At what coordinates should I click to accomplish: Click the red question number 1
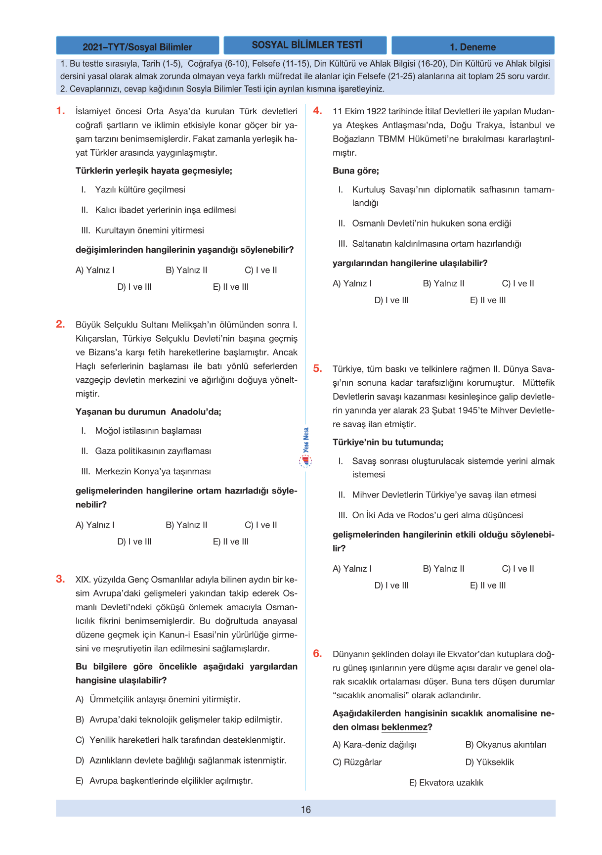click(x=60, y=111)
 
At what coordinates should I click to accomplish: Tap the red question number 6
click(x=317, y=654)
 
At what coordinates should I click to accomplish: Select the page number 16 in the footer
click(x=306, y=810)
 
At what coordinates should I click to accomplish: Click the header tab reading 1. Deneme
click(x=473, y=46)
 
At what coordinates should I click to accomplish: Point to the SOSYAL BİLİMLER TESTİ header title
click(x=306, y=45)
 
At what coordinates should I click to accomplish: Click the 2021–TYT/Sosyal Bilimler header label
click(x=137, y=46)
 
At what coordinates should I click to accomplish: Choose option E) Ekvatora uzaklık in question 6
click(x=446, y=783)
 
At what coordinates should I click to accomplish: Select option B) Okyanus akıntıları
click(x=506, y=745)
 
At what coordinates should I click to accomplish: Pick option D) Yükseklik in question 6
click(x=489, y=762)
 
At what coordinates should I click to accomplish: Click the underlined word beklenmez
click(x=404, y=727)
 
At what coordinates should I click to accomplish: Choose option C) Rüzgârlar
click(x=357, y=762)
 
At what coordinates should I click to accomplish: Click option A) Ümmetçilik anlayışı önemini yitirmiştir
click(x=158, y=699)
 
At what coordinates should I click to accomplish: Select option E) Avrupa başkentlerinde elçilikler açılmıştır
click(x=164, y=781)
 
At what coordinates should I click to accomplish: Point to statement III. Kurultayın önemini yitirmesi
click(x=142, y=230)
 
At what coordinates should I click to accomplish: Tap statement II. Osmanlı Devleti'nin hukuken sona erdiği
click(x=425, y=224)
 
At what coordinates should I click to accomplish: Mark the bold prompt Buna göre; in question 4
click(x=356, y=171)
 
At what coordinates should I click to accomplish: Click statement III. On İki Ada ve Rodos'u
click(x=430, y=515)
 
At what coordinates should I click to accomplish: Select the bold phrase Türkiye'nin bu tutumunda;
click(x=388, y=442)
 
